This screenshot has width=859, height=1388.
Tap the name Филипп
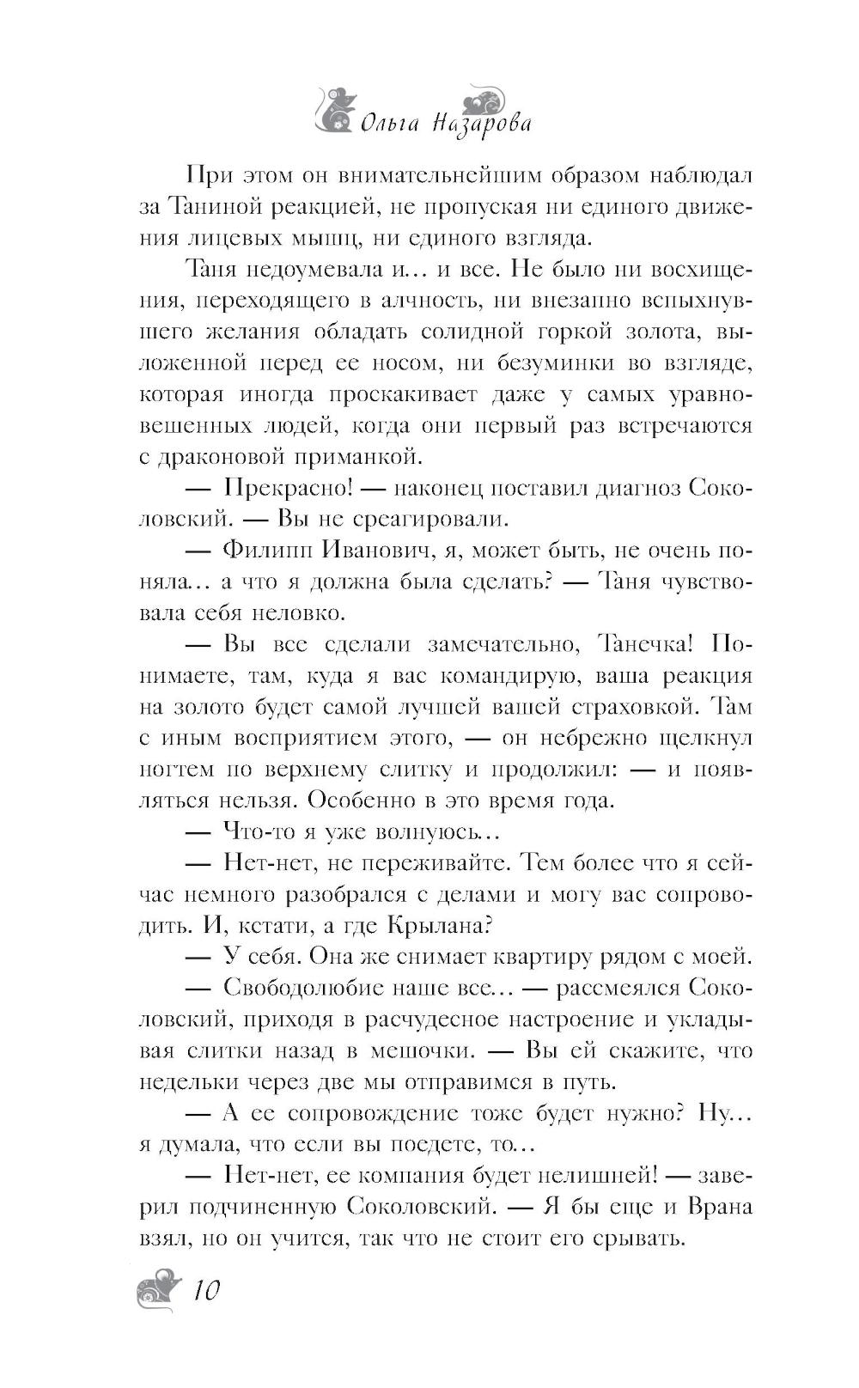pyautogui.click(x=270, y=550)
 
